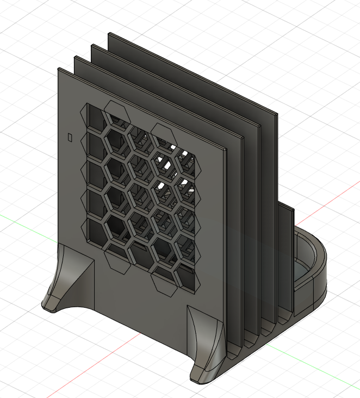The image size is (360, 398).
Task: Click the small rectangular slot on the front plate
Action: tap(69, 137)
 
